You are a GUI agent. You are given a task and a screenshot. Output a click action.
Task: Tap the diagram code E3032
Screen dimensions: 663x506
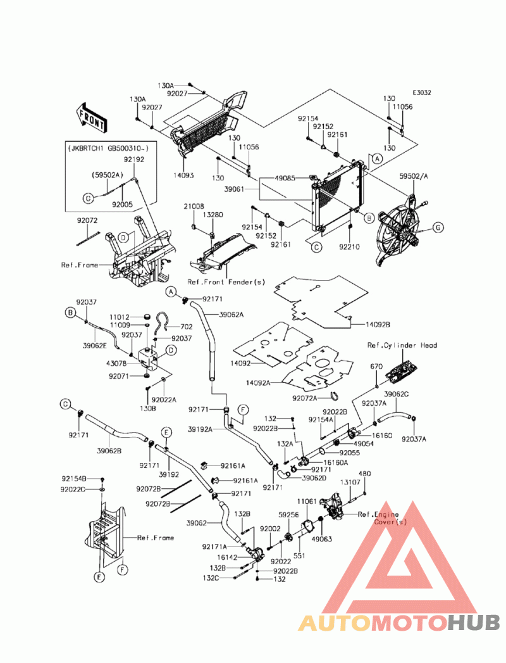(x=422, y=92)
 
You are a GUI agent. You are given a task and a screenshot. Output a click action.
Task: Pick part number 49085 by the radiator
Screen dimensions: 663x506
(x=285, y=178)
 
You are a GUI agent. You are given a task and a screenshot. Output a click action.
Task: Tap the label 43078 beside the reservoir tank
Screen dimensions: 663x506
(x=118, y=363)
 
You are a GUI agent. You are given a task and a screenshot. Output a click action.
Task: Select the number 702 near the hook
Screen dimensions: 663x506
(x=187, y=327)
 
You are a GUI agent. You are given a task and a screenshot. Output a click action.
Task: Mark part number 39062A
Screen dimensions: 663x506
(x=231, y=314)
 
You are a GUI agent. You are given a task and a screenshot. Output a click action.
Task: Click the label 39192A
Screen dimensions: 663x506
(x=200, y=429)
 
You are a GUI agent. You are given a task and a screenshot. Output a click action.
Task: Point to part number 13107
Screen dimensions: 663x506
(x=351, y=483)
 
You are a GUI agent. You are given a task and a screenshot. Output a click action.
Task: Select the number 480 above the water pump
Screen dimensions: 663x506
(x=365, y=474)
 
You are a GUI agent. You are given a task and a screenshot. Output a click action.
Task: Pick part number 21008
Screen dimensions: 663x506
(x=194, y=206)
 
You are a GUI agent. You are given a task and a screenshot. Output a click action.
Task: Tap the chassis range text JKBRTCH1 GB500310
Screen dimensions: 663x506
(x=108, y=148)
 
